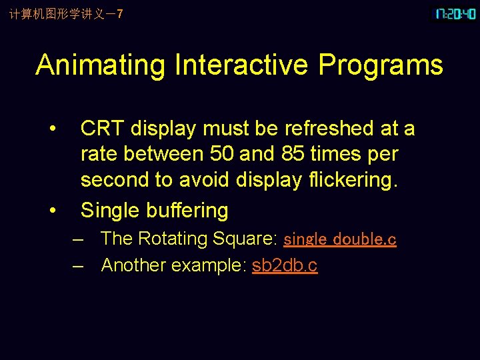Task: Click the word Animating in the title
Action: click(101, 65)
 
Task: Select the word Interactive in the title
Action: click(241, 65)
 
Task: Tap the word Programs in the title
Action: click(381, 65)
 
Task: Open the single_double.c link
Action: click(340, 239)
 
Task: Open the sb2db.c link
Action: click(285, 265)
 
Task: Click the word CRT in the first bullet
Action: click(103, 128)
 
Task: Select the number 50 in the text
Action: click(221, 154)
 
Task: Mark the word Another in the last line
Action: click(133, 265)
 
